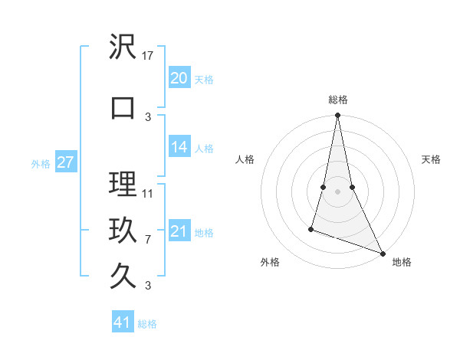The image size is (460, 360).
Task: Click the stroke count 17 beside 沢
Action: [x=148, y=56]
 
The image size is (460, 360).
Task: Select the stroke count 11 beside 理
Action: [x=148, y=193]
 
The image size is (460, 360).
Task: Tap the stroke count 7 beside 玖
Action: [x=148, y=239]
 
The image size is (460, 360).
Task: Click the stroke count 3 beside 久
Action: [x=148, y=286]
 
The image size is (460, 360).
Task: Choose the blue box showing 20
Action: [x=179, y=78]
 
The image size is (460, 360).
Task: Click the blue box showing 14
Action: [x=179, y=148]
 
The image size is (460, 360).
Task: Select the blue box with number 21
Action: [x=179, y=231]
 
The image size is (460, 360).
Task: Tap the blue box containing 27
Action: [x=65, y=162]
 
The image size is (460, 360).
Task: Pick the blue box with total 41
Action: [x=123, y=322]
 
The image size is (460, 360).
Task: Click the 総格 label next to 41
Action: [x=147, y=324]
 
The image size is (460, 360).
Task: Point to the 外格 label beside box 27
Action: [x=41, y=164]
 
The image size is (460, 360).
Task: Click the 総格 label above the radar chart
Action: [x=337, y=100]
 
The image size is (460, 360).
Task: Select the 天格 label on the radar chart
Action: [x=431, y=159]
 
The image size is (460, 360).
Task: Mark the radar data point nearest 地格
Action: [x=382, y=253]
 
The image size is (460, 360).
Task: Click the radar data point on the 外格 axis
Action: [x=311, y=228]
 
